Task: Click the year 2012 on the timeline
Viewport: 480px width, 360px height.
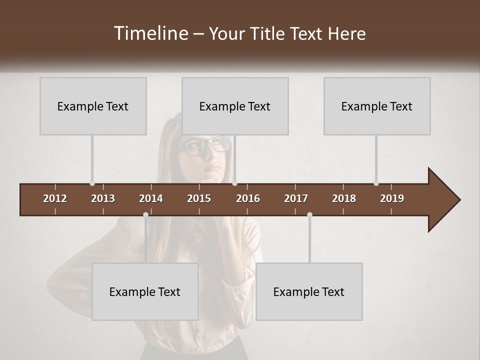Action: pos(55,198)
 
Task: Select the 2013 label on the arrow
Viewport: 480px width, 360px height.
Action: pos(103,198)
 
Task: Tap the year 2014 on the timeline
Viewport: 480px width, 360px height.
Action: pos(151,198)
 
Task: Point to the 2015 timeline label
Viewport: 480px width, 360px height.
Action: pos(199,198)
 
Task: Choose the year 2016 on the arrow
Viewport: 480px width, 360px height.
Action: pos(248,198)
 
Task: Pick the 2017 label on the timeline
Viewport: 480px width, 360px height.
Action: pos(296,198)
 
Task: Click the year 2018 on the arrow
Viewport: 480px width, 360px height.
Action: pos(344,198)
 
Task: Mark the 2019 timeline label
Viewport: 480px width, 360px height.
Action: pos(392,198)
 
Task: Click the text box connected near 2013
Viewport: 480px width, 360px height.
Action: pos(93,106)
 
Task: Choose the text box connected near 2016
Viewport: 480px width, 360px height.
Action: pos(235,106)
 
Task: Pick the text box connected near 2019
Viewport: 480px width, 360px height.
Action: pos(377,106)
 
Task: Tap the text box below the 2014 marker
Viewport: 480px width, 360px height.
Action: pos(145,291)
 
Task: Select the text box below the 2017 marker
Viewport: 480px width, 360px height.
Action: pos(309,291)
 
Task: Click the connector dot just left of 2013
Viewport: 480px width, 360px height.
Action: pos(92,183)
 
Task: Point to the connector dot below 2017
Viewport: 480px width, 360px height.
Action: pos(309,214)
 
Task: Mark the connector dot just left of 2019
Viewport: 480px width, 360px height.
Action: pos(376,183)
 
